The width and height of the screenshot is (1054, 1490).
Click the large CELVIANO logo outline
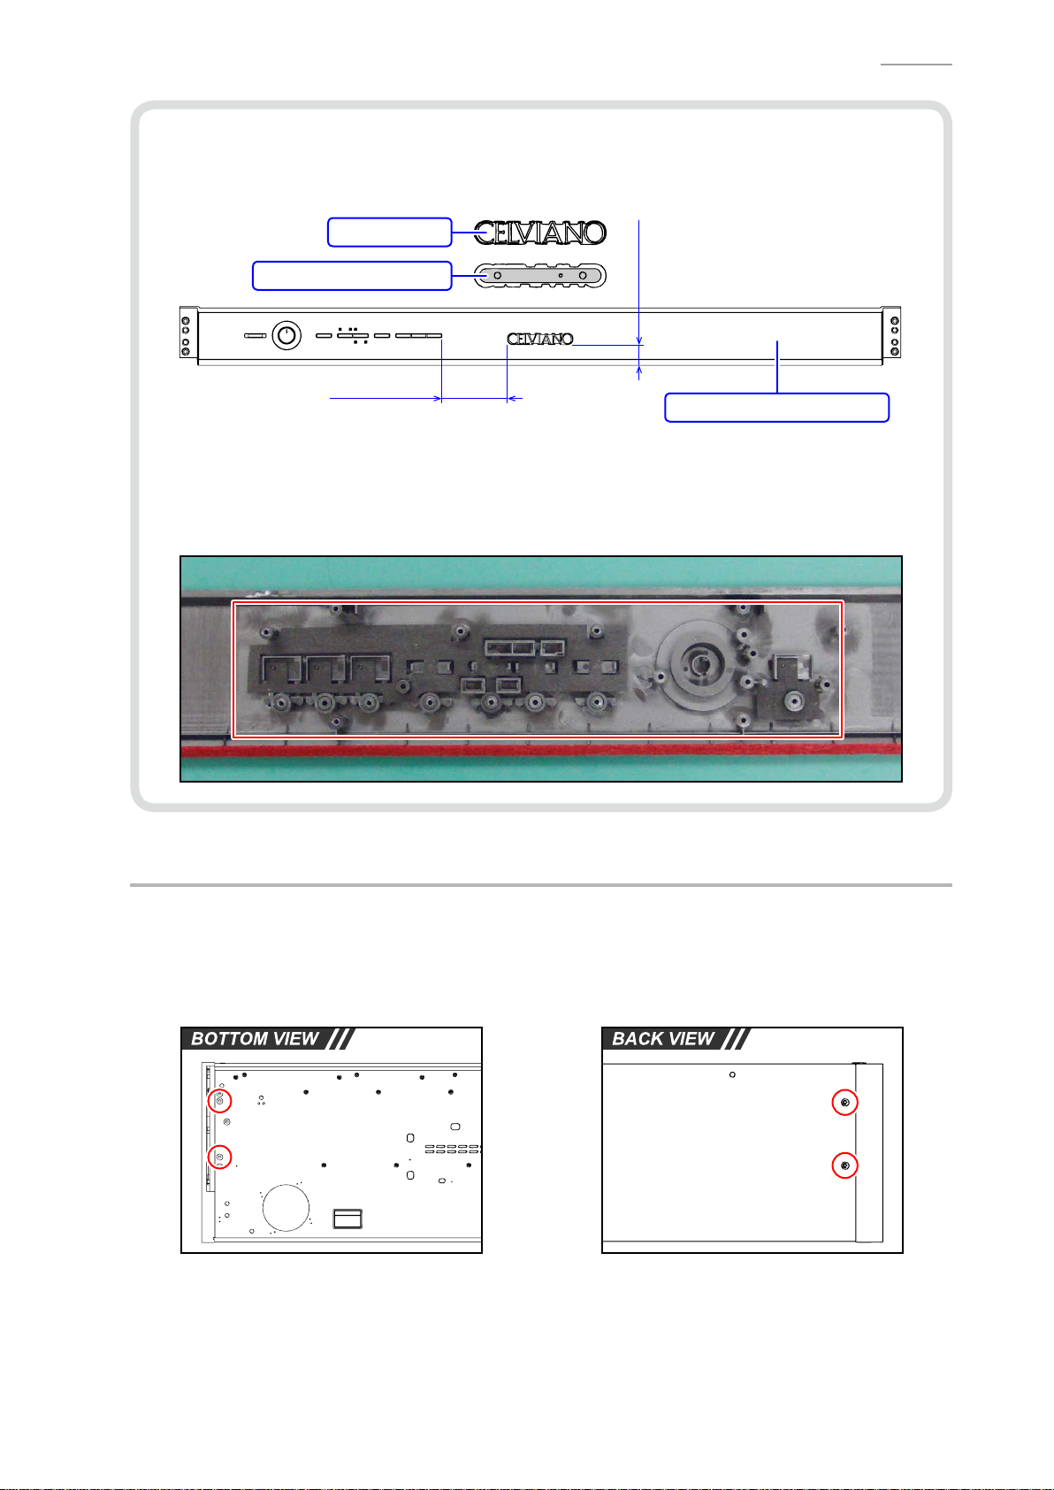pos(539,233)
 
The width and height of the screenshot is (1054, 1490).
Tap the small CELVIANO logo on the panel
pos(540,340)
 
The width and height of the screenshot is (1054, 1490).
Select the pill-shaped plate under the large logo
pos(539,275)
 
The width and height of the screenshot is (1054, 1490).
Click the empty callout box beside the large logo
pos(390,233)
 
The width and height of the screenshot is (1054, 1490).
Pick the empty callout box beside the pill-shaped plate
pos(353,276)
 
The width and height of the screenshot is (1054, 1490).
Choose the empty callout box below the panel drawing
pos(776,408)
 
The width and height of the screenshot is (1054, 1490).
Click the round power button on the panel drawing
pos(286,335)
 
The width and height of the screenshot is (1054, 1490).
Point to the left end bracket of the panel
pos(189,332)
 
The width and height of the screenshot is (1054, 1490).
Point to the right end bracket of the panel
pos(891,332)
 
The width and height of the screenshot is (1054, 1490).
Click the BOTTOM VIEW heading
pos(255,1039)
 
